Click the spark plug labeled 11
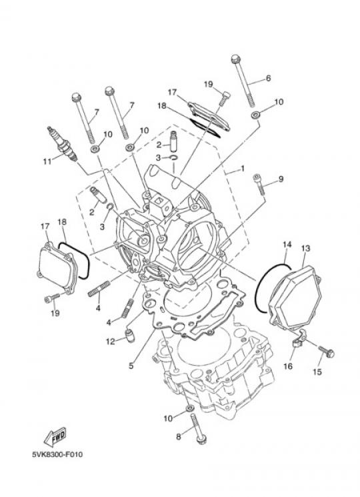pyautogui.click(x=62, y=144)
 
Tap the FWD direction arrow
pyautogui.click(x=55, y=436)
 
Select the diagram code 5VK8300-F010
pyautogui.click(x=57, y=454)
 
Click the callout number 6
pyautogui.click(x=268, y=78)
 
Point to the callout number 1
pyautogui.click(x=243, y=169)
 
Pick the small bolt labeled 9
pyautogui.click(x=258, y=185)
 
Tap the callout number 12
pyautogui.click(x=110, y=342)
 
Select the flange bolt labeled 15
pyautogui.click(x=326, y=352)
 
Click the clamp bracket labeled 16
pyautogui.click(x=297, y=339)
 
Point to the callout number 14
pyautogui.click(x=287, y=244)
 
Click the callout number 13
pyautogui.click(x=305, y=248)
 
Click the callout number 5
pyautogui.click(x=131, y=366)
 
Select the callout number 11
pyautogui.click(x=47, y=161)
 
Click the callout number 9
pyautogui.click(x=281, y=179)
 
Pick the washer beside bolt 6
pyautogui.click(x=255, y=115)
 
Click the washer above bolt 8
pyautogui.click(x=189, y=408)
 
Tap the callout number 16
pyautogui.click(x=288, y=366)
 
